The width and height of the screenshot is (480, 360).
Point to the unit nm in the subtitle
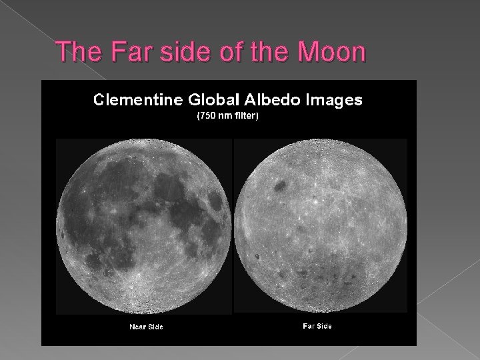coord(227,116)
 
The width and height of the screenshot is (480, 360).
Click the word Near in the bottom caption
coord(137,326)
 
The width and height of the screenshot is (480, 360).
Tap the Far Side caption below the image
coord(317,325)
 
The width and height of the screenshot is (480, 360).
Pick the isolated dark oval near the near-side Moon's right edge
coord(216,201)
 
